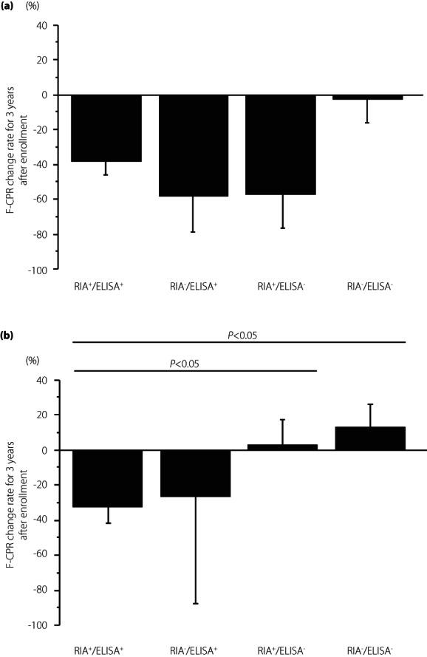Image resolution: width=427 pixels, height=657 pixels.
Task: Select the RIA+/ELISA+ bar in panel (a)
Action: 106,129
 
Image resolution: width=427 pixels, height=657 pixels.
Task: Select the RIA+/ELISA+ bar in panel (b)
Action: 106,478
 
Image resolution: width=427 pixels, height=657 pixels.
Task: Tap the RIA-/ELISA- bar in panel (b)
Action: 369,438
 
